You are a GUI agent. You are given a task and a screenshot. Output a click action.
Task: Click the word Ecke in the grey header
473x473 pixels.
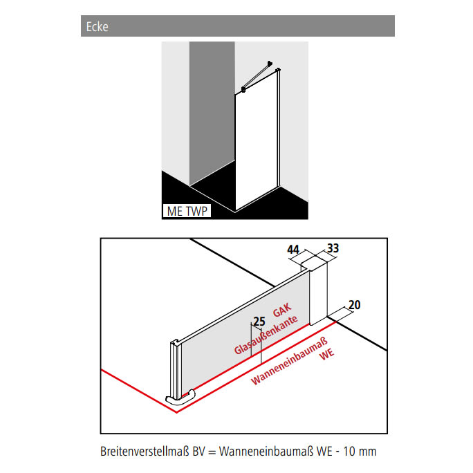(97, 26)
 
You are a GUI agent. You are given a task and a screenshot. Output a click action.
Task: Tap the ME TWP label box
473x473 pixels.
(187, 211)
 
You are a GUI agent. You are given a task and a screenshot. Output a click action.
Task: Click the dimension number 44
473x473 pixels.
(293, 250)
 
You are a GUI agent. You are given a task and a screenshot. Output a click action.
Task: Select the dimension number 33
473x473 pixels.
(333, 248)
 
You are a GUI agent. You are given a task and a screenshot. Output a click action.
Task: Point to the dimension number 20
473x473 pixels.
(355, 305)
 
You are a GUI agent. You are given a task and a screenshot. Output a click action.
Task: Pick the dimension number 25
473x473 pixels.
(259, 322)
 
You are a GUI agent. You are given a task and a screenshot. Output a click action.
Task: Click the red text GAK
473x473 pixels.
(282, 310)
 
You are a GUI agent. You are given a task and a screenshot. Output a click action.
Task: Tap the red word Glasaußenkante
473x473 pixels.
(266, 335)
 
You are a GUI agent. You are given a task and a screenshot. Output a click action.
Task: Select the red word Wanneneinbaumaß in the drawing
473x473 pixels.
(289, 362)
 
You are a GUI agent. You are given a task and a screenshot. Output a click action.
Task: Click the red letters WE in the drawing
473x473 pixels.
(327, 355)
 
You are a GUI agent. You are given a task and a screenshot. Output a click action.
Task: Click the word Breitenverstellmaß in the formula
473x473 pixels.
(145, 452)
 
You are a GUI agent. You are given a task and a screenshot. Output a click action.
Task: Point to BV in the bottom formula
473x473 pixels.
(198, 452)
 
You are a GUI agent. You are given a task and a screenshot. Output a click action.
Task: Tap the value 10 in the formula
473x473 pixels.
(349, 452)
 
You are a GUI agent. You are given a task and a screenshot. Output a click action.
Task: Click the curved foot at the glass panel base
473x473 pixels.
(180, 398)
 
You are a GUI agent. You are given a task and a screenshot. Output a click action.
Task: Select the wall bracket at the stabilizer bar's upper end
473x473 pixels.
(270, 64)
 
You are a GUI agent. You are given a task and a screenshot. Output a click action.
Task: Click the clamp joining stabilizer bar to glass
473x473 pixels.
(243, 89)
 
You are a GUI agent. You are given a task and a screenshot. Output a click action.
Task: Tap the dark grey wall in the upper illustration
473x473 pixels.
(212, 111)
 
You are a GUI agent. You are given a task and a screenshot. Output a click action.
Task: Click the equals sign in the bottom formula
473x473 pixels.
(212, 452)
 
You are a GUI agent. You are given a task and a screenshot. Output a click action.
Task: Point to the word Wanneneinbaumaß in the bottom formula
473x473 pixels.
(266, 452)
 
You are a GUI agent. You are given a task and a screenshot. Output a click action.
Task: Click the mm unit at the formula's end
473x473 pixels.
(367, 452)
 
